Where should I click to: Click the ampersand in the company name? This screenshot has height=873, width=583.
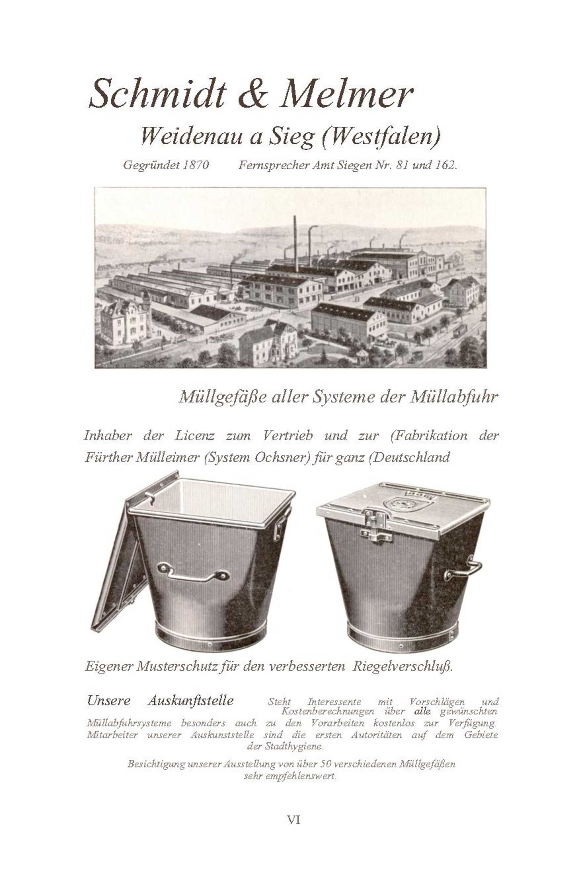pos(253,95)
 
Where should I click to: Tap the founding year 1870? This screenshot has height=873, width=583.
pos(196,165)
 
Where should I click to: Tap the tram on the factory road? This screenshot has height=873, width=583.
pos(460,330)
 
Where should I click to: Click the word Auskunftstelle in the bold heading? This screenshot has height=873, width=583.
pos(190,701)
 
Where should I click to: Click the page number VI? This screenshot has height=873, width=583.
pos(294,819)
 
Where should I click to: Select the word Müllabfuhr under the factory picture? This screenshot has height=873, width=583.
pos(454,397)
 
